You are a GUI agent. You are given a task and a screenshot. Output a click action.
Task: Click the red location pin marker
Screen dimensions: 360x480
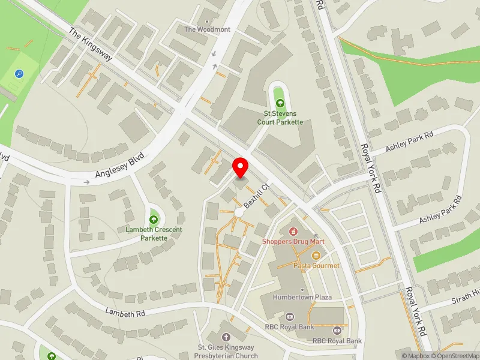click(x=241, y=167)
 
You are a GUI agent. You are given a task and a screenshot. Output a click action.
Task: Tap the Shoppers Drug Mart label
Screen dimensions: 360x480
click(x=293, y=241)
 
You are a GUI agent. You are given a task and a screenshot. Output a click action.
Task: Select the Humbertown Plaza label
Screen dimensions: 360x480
click(x=302, y=297)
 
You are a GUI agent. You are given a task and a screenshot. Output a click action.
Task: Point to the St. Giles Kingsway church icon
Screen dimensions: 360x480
click(x=226, y=338)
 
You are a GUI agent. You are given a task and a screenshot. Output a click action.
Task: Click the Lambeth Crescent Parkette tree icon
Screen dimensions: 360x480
click(x=154, y=219)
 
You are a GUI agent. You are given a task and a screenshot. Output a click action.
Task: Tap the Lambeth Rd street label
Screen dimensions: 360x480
click(x=125, y=313)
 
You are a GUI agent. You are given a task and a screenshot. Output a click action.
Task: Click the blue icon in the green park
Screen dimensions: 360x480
click(x=20, y=74)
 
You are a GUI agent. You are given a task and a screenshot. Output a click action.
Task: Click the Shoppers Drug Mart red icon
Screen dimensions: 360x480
click(x=293, y=231)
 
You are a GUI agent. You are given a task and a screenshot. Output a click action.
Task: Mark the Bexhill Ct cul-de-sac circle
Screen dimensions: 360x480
click(x=239, y=213)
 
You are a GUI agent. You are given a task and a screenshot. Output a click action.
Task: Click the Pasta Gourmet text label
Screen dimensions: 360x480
click(x=316, y=265)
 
